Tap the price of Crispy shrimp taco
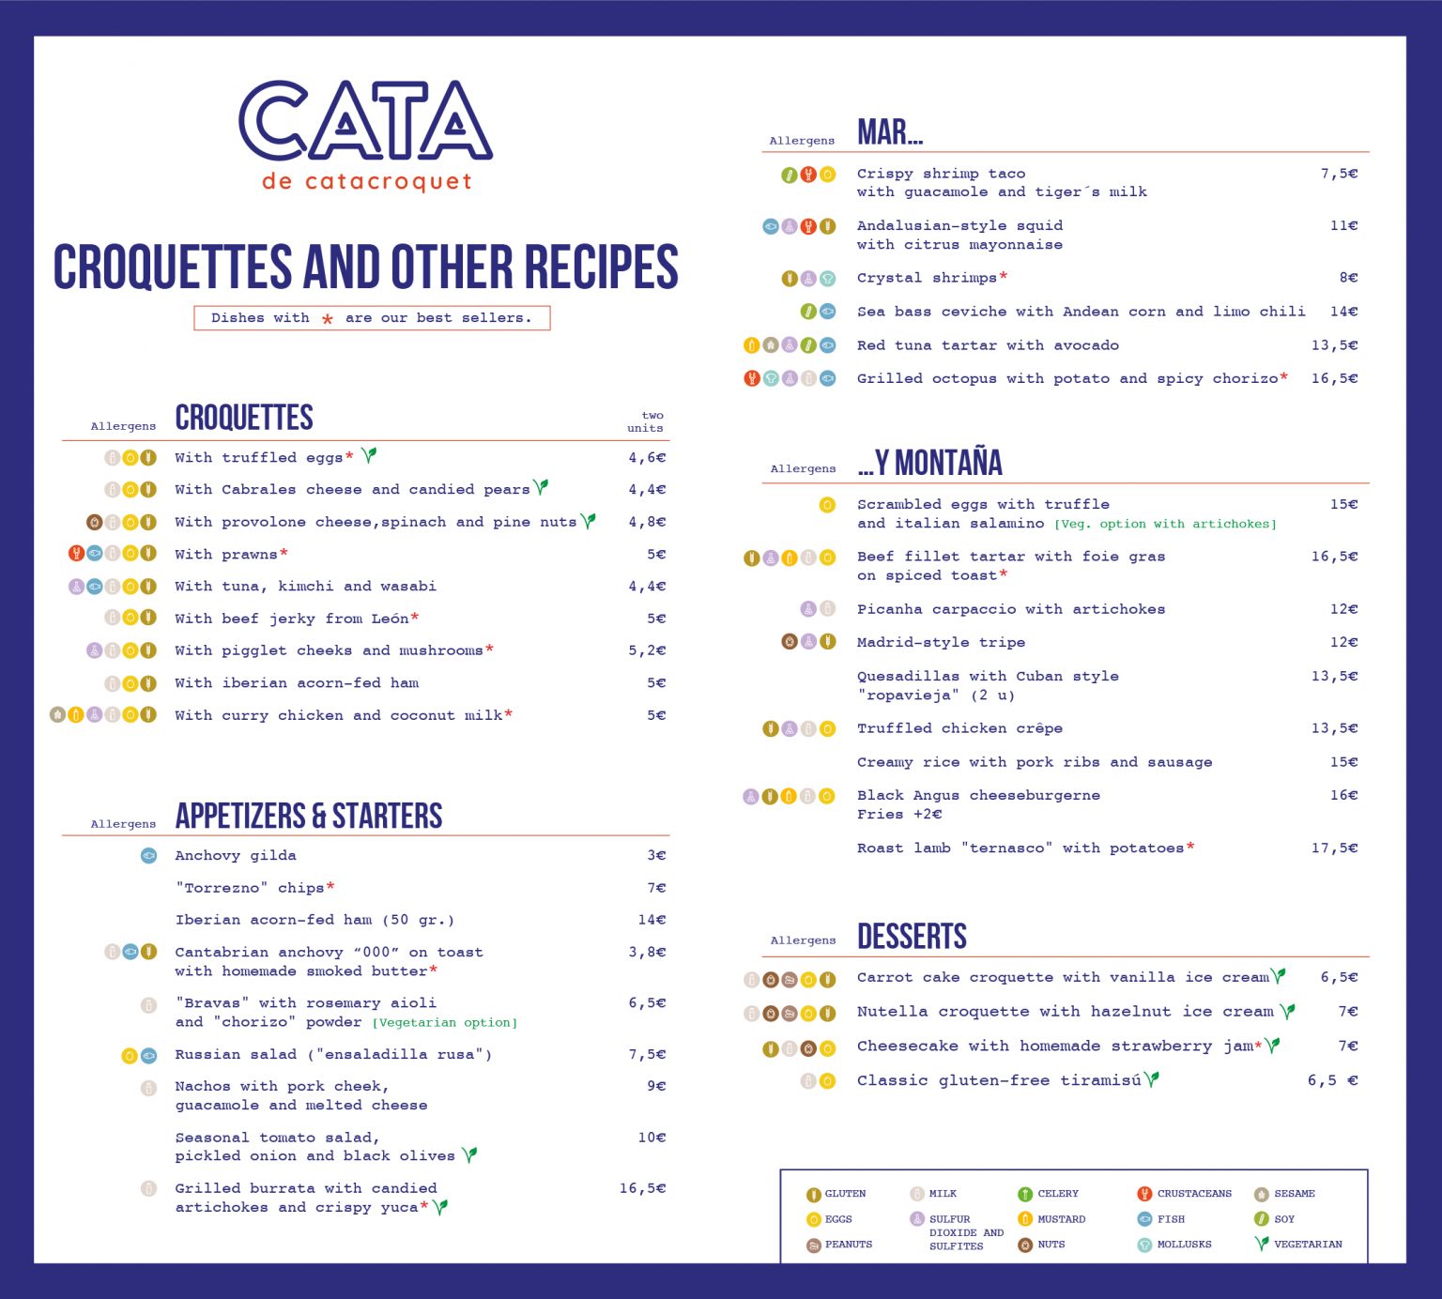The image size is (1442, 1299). [x=1339, y=174]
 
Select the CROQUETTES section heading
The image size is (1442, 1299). [x=244, y=418]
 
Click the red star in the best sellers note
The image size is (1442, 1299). [x=328, y=319]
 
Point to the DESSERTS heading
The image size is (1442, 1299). [x=912, y=937]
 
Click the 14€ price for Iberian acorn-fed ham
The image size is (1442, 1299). [x=652, y=920]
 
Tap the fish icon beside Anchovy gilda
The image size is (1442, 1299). [x=148, y=855]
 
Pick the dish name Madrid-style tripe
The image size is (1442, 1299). [x=941, y=642]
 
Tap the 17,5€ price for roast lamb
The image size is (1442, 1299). [x=1334, y=848]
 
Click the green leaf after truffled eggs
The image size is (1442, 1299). [x=369, y=455]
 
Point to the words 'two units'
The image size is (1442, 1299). [x=646, y=421]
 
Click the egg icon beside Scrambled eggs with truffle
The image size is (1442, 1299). [x=827, y=505]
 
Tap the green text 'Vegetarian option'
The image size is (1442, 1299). [x=445, y=1023]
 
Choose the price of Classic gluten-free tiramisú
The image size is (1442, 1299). [x=1332, y=1080]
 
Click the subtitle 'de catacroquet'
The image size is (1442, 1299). [x=367, y=181]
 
